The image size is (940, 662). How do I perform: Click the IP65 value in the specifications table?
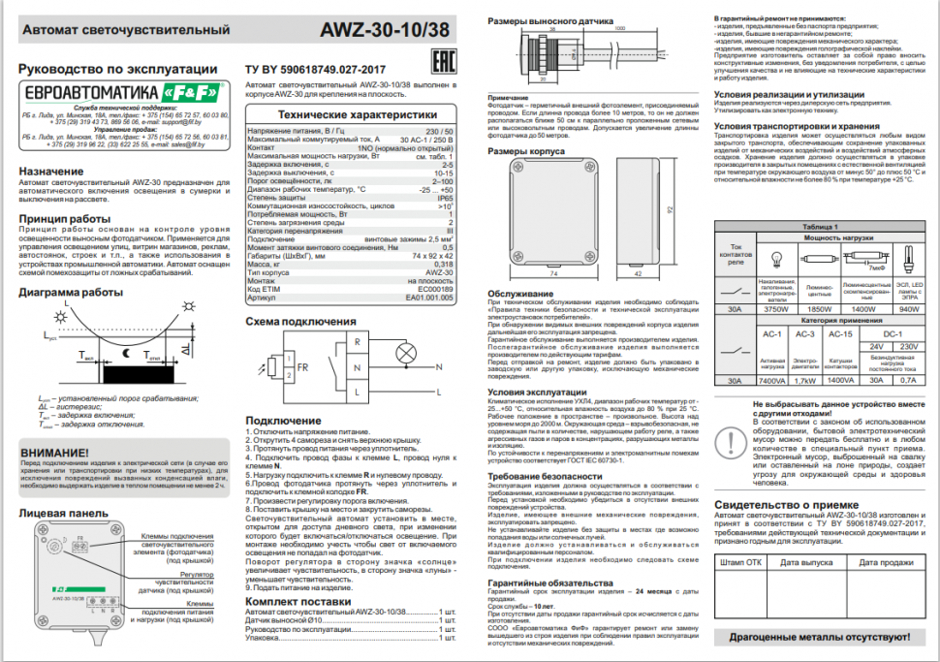tap(445, 197)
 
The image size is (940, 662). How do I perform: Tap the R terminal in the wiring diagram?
tap(358, 342)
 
